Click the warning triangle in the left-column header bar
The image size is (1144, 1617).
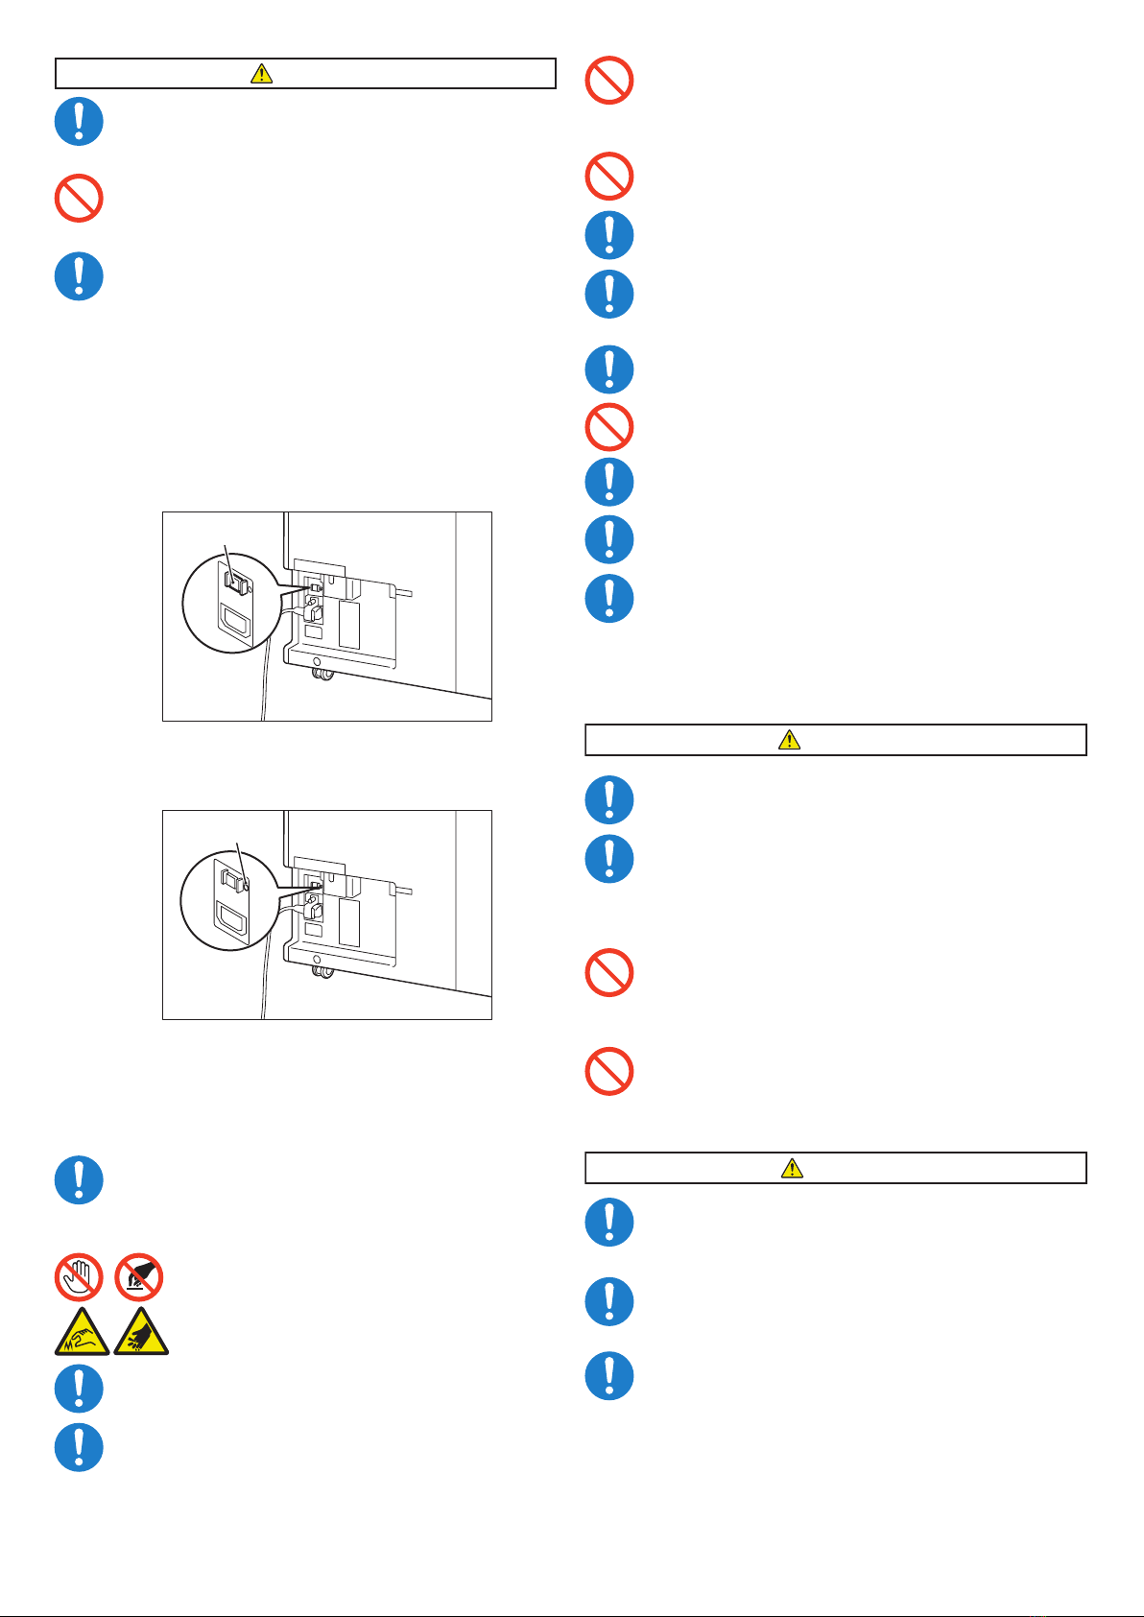pyautogui.click(x=261, y=73)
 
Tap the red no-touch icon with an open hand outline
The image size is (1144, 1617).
pyautogui.click(x=79, y=1277)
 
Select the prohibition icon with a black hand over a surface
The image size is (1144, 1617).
pyautogui.click(x=139, y=1277)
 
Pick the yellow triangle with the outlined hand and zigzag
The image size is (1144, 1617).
pyautogui.click(x=82, y=1333)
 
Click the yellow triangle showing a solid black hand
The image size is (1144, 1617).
pyautogui.click(x=141, y=1333)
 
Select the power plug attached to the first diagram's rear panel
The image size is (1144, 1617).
pyautogui.click(x=314, y=609)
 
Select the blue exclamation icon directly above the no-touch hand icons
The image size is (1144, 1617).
pyautogui.click(x=79, y=1179)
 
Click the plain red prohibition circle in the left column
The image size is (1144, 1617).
pyautogui.click(x=79, y=199)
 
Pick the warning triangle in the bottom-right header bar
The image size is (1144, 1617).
pyautogui.click(x=792, y=1168)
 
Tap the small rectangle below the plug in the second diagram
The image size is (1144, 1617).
pyautogui.click(x=313, y=931)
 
